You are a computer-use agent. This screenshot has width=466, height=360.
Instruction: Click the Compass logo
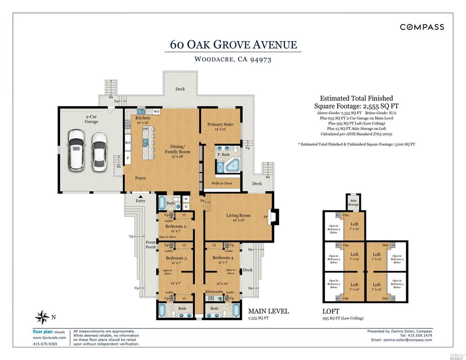tap(422, 27)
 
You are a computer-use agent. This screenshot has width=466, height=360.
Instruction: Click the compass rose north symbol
tap(42, 317)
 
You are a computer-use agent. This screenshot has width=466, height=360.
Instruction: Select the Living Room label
tap(238, 215)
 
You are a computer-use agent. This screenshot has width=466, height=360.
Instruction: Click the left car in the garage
tap(76, 150)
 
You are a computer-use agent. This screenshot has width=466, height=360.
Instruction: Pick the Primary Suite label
tap(220, 124)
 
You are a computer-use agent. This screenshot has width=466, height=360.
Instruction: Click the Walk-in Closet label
tap(222, 183)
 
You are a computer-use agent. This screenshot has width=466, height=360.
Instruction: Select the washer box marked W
tap(186, 199)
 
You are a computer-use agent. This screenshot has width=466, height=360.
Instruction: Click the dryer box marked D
tap(186, 207)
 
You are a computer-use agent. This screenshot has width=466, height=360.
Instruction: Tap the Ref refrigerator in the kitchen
tap(128, 143)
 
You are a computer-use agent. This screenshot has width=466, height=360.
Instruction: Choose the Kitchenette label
tap(214, 292)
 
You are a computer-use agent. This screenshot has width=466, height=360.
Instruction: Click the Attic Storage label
tap(353, 202)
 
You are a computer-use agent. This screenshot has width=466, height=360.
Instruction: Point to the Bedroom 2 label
tap(175, 226)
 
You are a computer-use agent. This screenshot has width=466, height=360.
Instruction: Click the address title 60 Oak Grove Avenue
tap(233, 44)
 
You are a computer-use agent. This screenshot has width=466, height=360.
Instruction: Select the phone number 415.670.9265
tap(45, 344)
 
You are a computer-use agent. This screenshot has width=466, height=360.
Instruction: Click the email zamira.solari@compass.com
tap(407, 340)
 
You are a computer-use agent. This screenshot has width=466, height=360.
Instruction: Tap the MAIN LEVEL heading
tap(268, 311)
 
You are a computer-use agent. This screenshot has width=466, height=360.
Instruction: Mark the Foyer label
tap(141, 178)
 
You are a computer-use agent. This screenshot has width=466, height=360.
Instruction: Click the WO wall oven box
tap(156, 111)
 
